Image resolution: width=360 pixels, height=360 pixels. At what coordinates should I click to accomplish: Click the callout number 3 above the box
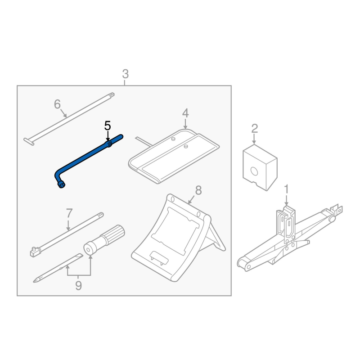(x=126, y=74)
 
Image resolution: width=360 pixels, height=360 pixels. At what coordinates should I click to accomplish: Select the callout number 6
(x=57, y=104)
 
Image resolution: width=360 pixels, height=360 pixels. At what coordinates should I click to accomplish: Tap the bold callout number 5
(x=108, y=126)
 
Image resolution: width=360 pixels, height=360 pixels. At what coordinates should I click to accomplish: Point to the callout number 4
(x=185, y=113)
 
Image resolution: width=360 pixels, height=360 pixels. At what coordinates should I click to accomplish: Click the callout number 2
(x=254, y=129)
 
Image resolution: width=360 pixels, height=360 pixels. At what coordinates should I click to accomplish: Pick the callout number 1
(x=286, y=189)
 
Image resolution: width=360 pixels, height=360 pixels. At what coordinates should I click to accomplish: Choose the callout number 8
(x=198, y=190)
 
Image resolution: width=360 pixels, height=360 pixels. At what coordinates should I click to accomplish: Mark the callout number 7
(x=69, y=213)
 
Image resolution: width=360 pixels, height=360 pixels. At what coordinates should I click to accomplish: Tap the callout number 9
(x=78, y=286)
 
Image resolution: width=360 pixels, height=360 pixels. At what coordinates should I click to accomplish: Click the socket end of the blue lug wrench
(x=61, y=184)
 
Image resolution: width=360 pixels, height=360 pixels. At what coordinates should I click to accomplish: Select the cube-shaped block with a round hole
(x=260, y=167)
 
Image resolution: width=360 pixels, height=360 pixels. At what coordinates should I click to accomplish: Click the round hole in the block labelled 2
(x=254, y=171)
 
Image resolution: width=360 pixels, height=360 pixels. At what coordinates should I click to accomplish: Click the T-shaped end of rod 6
(x=29, y=141)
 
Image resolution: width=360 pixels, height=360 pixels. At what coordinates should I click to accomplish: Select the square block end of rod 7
(x=35, y=252)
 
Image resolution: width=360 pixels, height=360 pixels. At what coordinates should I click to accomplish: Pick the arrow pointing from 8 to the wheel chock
(x=191, y=200)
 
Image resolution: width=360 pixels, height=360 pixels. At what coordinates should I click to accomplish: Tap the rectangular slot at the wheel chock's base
(x=159, y=257)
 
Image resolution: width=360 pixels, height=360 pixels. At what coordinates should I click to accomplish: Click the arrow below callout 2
(x=254, y=139)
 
